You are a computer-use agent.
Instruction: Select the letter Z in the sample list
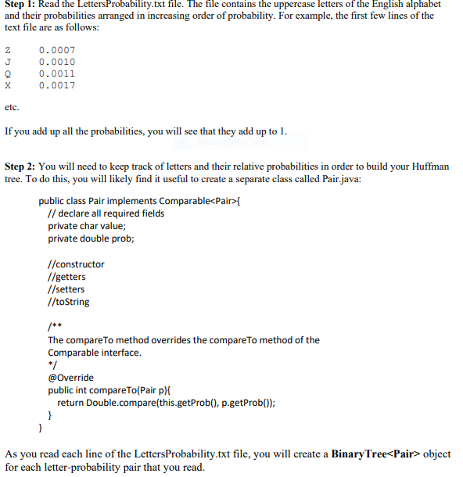pyautogui.click(x=8, y=50)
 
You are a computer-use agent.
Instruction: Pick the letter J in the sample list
pyautogui.click(x=8, y=62)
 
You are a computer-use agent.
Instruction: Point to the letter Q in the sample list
pyautogui.click(x=8, y=74)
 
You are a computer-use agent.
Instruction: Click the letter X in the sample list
pyautogui.click(x=8, y=85)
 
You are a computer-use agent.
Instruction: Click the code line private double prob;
pyautogui.click(x=91, y=238)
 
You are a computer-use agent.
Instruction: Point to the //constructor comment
pyautogui.click(x=76, y=264)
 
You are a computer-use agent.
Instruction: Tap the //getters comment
pyautogui.click(x=67, y=277)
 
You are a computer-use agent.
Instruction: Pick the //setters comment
pyautogui.click(x=66, y=289)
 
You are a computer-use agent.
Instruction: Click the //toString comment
pyautogui.click(x=69, y=302)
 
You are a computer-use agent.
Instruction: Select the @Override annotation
pyautogui.click(x=70, y=378)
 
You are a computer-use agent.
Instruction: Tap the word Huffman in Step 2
pyautogui.click(x=431, y=167)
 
